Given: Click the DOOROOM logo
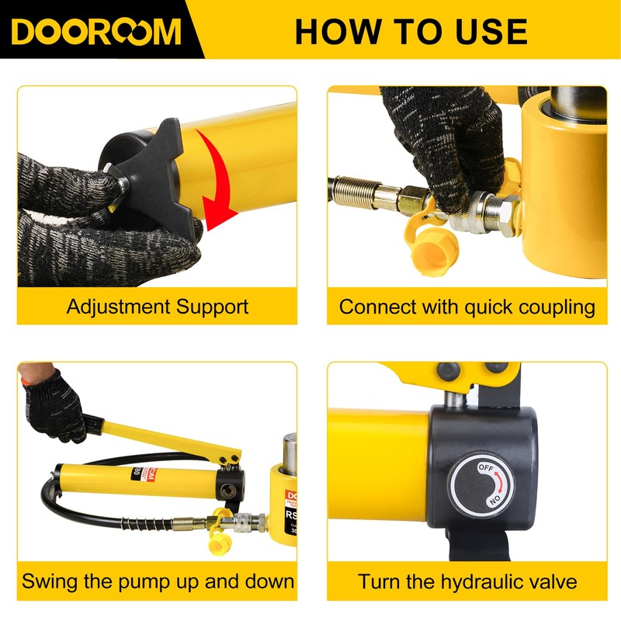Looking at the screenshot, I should [x=97, y=30].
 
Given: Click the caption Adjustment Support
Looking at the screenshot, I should [x=158, y=306].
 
